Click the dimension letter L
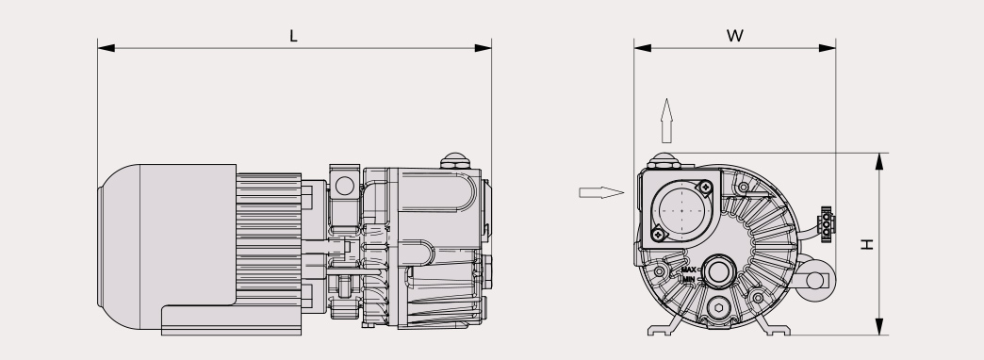(293, 37)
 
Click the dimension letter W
(735, 36)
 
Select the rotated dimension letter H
(866, 244)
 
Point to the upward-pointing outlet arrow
(667, 121)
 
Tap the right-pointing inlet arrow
(601, 192)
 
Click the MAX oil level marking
(688, 270)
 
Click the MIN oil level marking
(689, 279)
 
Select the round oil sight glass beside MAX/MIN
(718, 272)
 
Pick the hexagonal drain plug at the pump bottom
(718, 307)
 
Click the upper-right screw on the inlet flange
(705, 187)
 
